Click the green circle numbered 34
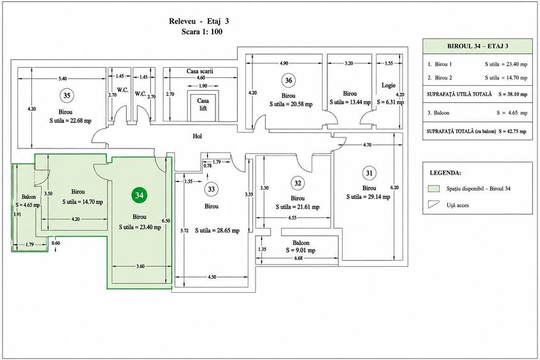tap(139, 195)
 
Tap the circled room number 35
tap(67, 95)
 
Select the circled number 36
tap(289, 81)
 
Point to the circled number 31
tap(369, 173)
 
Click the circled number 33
tap(211, 189)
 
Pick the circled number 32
tap(298, 183)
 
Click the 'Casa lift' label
tap(203, 104)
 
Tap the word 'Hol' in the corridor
tap(197, 136)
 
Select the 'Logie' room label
tap(389, 85)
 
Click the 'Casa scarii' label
tap(200, 72)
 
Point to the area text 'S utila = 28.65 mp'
tap(217, 230)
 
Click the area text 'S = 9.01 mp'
tap(300, 251)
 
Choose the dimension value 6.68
tap(298, 258)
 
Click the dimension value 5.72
tap(185, 231)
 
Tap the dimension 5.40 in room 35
tap(63, 79)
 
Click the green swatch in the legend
tap(433, 189)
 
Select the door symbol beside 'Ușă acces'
tap(433, 204)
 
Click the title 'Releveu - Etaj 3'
tap(199, 21)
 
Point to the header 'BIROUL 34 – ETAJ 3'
tap(477, 46)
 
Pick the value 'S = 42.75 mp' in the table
tap(512, 131)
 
